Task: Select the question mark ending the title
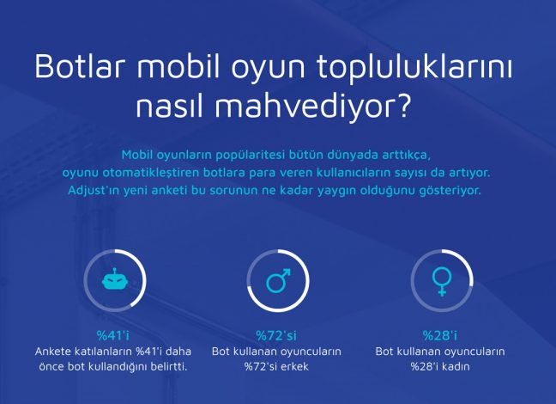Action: pos(402,105)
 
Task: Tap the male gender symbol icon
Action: pos(278,280)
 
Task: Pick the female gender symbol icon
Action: pos(442,281)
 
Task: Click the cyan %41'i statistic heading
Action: pos(113,335)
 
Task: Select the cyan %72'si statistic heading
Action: pos(276,335)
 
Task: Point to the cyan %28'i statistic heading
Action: pos(440,335)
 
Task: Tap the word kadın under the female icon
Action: pos(455,366)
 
